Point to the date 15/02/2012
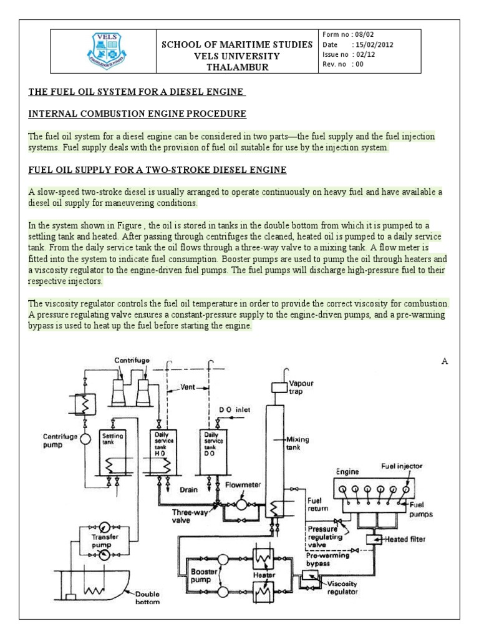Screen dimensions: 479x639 (373, 45)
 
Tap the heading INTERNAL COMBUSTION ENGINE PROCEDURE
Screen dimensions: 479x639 (138, 114)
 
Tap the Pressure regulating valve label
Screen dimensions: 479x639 (323, 536)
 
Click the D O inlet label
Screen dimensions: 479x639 (235, 410)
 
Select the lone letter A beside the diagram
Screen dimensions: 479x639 (445, 361)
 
